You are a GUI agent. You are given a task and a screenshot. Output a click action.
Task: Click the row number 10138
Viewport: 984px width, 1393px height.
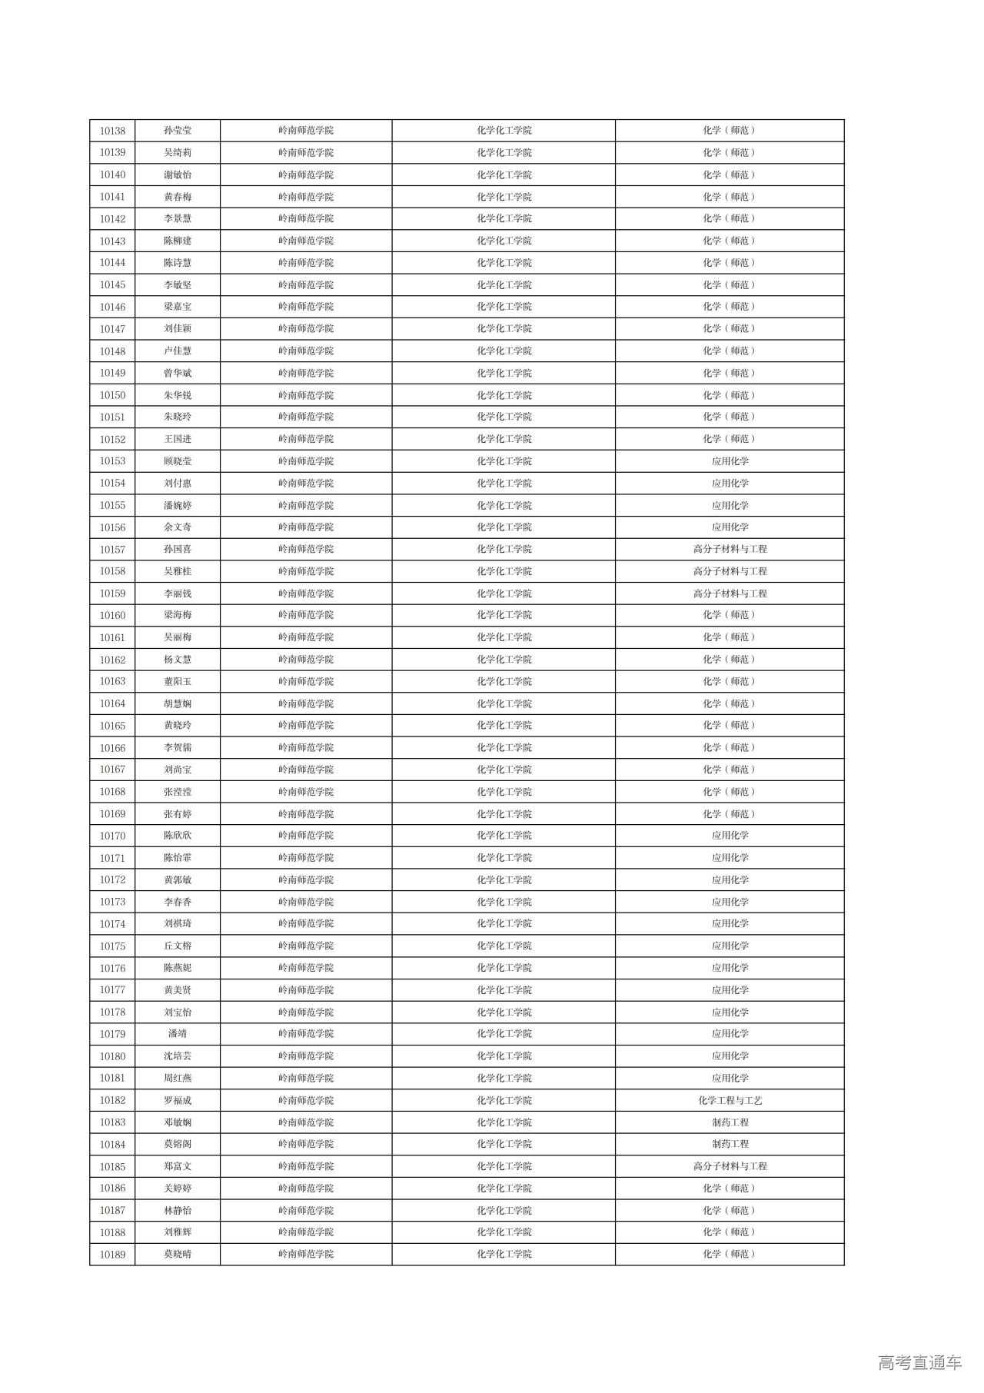click(x=112, y=131)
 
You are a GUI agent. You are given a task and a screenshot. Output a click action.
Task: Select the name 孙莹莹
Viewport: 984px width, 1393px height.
click(x=178, y=131)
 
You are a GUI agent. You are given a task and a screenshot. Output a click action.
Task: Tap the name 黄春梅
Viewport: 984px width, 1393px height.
click(x=178, y=197)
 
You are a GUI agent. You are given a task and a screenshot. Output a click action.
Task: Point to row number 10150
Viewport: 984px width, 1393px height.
click(x=112, y=395)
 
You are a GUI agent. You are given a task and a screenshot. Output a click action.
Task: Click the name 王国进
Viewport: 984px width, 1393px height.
click(x=178, y=439)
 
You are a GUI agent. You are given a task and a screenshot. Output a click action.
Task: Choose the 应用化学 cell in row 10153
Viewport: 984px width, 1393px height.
click(x=730, y=461)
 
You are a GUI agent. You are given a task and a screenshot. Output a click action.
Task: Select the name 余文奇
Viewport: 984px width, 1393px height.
click(x=178, y=527)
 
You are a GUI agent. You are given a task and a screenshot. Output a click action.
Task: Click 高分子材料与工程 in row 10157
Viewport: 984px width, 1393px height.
click(x=730, y=549)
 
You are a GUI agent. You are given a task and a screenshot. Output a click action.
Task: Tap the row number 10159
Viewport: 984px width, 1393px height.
click(x=112, y=593)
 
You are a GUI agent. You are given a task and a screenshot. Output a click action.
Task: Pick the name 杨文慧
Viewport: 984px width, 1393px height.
click(x=178, y=660)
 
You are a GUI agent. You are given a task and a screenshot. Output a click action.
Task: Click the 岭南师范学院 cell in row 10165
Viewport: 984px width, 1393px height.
click(x=306, y=725)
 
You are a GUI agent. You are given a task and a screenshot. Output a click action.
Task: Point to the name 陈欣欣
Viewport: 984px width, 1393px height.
click(x=178, y=836)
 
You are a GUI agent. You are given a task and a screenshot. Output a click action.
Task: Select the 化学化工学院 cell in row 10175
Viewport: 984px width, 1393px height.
click(x=504, y=946)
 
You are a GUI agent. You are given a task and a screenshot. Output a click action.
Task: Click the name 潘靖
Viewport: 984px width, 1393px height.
click(x=178, y=1034)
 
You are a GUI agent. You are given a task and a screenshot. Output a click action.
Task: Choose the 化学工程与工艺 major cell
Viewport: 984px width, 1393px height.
click(x=730, y=1100)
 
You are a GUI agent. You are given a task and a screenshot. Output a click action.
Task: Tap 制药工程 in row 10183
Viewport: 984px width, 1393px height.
click(x=730, y=1122)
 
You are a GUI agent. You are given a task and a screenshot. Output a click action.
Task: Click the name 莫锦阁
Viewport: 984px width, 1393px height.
click(x=178, y=1144)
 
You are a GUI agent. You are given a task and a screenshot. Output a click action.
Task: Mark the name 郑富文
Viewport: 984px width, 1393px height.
click(x=178, y=1166)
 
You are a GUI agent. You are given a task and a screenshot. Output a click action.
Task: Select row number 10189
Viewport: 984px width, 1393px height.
click(x=112, y=1255)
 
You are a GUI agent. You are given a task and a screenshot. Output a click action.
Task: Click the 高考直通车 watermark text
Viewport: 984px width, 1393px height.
click(x=919, y=1363)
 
